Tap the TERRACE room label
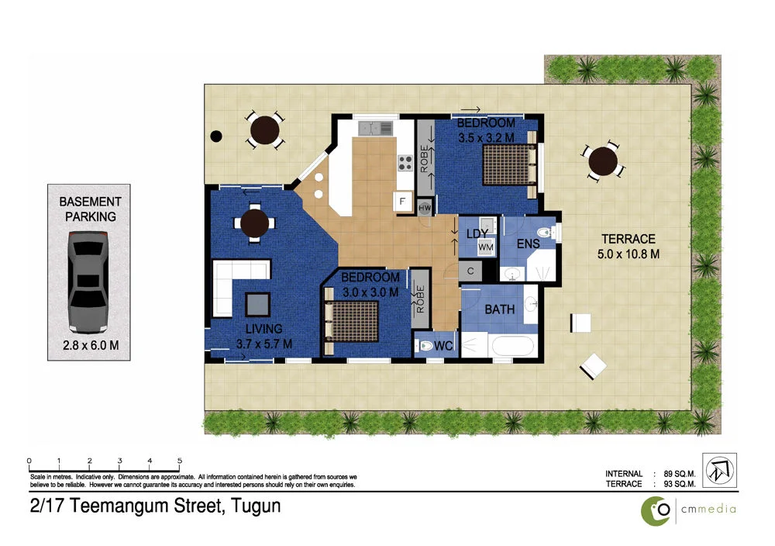click(629, 240)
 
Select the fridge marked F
click(401, 202)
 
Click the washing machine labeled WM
click(486, 247)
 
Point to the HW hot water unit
click(424, 208)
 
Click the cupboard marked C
click(470, 271)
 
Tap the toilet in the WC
click(425, 345)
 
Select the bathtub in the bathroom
click(512, 345)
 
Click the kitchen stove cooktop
click(405, 163)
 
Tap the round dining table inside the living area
click(254, 223)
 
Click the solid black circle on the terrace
click(216, 136)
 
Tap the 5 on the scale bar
click(180, 461)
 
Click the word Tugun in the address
click(253, 507)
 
